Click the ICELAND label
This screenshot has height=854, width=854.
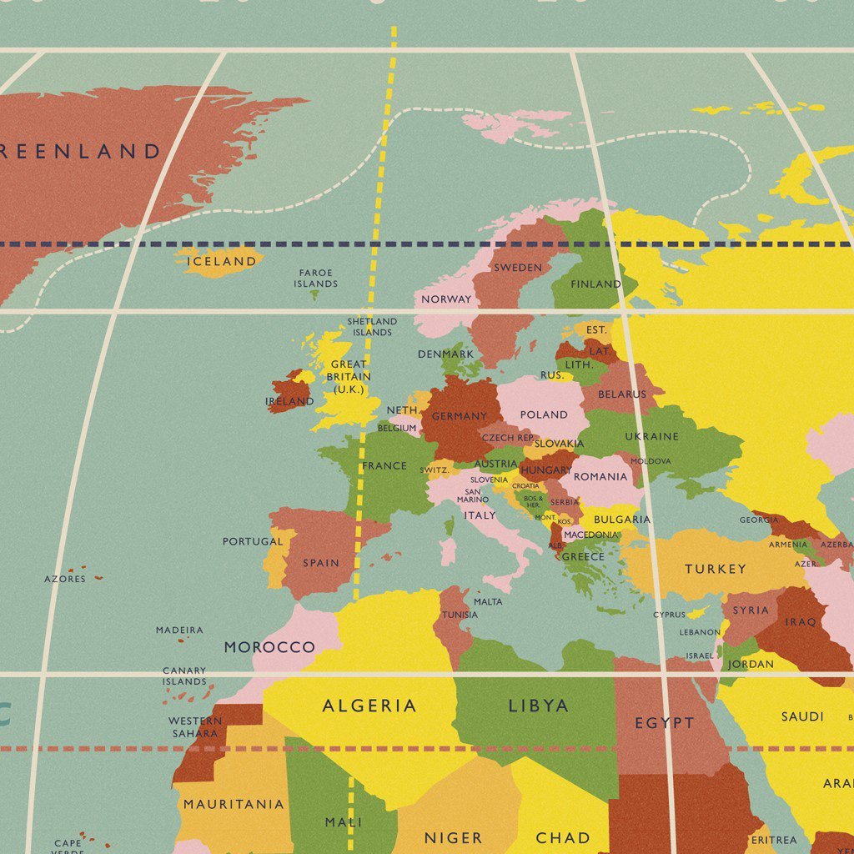pyautogui.click(x=221, y=261)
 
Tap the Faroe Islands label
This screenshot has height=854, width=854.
pyautogui.click(x=315, y=279)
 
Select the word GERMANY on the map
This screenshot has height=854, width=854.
pyautogui.click(x=459, y=416)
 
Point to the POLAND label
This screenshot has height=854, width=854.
pyautogui.click(x=543, y=414)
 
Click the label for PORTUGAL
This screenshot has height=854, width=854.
pyautogui.click(x=253, y=541)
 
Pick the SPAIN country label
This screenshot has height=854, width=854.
pyautogui.click(x=321, y=563)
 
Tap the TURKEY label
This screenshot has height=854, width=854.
pyautogui.click(x=715, y=569)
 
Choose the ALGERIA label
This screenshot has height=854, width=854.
pyautogui.click(x=369, y=706)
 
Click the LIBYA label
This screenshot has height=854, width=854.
pyautogui.click(x=538, y=706)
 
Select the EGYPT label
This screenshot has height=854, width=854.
pyautogui.click(x=664, y=723)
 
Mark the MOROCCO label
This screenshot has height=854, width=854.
pyautogui.click(x=269, y=647)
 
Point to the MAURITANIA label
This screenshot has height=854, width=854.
pyautogui.click(x=234, y=805)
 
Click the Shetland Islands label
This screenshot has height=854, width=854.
pyautogui.click(x=372, y=326)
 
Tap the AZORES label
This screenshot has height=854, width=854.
pyautogui.click(x=65, y=579)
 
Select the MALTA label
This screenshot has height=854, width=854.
pyautogui.click(x=488, y=601)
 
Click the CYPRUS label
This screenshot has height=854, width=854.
pyautogui.click(x=669, y=615)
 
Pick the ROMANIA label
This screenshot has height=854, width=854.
pyautogui.click(x=600, y=477)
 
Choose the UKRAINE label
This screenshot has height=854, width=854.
pyautogui.click(x=651, y=436)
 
